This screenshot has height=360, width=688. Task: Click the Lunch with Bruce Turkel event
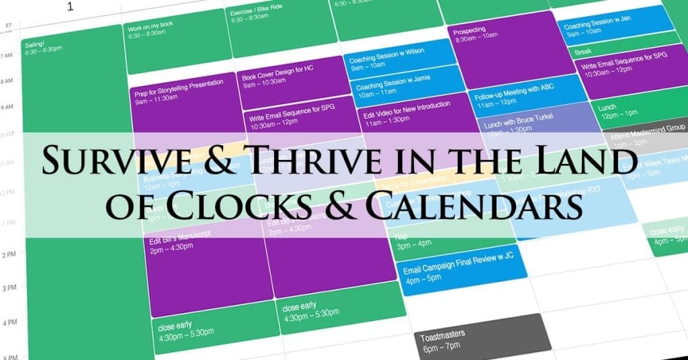pyautogui.click(x=524, y=122)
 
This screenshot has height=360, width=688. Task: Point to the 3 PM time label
pyautogui.click(x=10, y=287)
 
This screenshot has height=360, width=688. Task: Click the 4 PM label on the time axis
pyautogui.click(x=10, y=323)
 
